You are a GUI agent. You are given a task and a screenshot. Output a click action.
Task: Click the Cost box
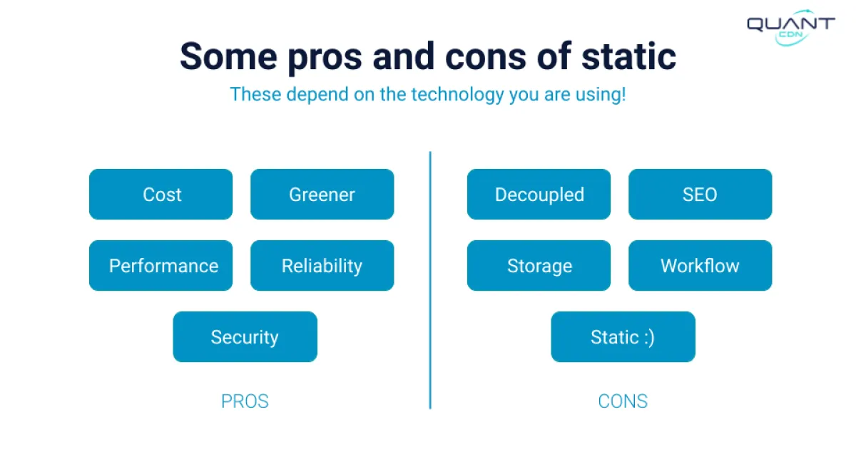click(x=160, y=194)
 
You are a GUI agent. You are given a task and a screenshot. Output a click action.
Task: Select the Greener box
click(x=322, y=194)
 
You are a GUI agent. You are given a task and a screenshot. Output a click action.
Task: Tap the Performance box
click(x=160, y=265)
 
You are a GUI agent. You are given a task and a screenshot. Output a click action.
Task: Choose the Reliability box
click(x=322, y=265)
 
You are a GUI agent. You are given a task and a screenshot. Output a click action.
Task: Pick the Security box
click(x=245, y=336)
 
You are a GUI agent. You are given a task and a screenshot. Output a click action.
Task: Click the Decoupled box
click(x=539, y=194)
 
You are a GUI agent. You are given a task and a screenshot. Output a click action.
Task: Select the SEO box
click(x=700, y=194)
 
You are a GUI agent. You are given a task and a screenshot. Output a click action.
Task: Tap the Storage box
click(x=539, y=265)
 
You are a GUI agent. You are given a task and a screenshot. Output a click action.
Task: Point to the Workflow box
click(x=700, y=265)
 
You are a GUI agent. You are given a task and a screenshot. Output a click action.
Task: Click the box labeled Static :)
click(x=623, y=336)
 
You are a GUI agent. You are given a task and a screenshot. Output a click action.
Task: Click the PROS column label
click(x=245, y=401)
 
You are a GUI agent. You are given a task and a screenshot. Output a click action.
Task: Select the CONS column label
click(x=623, y=401)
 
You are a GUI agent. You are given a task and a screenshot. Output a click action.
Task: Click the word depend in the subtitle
click(x=314, y=94)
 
